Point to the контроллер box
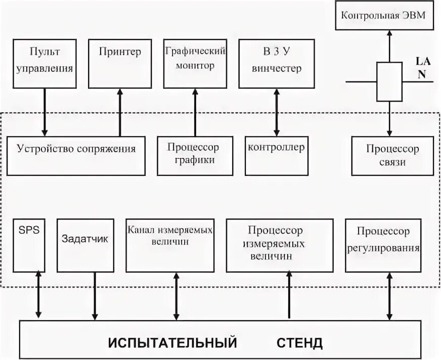[x=276, y=155]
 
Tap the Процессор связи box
[x=392, y=155]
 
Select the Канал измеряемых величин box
[x=170, y=245]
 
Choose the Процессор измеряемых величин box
[x=279, y=245]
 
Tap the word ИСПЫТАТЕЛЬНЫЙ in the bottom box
[x=172, y=343]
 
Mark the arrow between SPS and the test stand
[x=38, y=295]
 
